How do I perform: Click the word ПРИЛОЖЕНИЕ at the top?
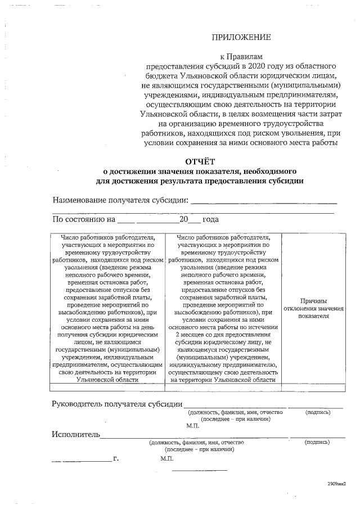[x=241, y=38]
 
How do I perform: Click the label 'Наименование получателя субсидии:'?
[x=120, y=200]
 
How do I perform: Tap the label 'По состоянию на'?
[x=83, y=220]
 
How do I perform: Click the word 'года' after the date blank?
[x=210, y=220]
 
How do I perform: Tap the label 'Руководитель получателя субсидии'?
[x=117, y=404]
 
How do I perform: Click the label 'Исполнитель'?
[x=75, y=434]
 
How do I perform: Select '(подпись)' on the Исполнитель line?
[x=317, y=443]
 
